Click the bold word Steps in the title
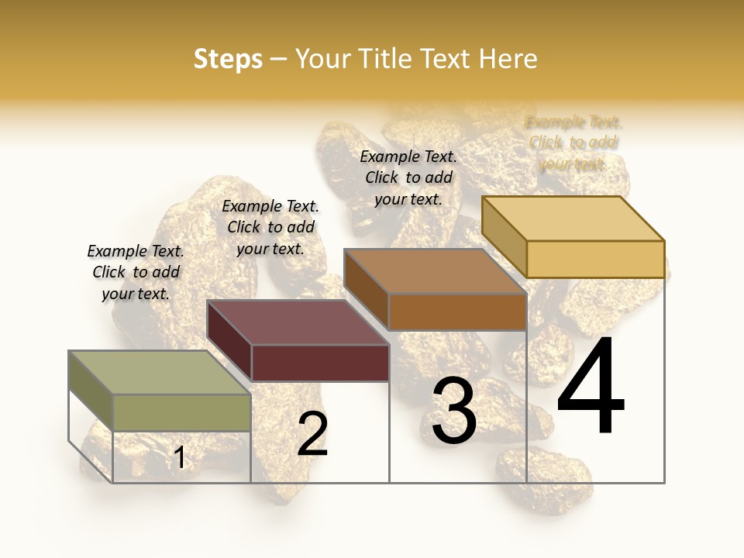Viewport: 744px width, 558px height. [x=228, y=59]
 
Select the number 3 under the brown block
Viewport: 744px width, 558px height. [x=453, y=412]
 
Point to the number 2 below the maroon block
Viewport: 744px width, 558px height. [x=312, y=434]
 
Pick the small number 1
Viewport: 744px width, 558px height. [x=179, y=458]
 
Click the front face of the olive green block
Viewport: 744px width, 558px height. [x=182, y=412]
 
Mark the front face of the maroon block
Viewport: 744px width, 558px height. [x=320, y=363]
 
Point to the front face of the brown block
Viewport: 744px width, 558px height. [x=457, y=312]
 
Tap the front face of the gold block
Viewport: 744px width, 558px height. [x=595, y=259]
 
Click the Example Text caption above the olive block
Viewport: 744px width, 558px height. [x=136, y=272]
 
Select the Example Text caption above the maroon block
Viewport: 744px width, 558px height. [x=270, y=227]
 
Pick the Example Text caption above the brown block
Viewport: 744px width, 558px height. [x=408, y=177]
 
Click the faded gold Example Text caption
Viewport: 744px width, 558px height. [x=573, y=143]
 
